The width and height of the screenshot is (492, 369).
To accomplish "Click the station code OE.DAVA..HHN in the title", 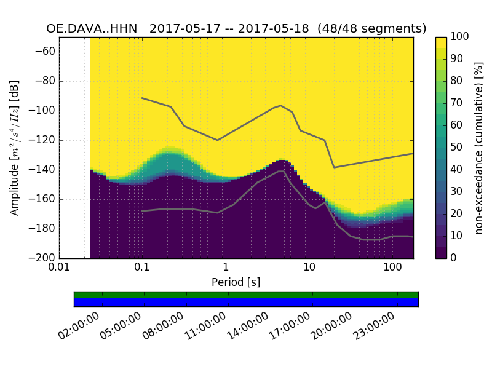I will point(94,29).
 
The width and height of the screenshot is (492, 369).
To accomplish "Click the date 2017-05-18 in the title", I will point(277,29).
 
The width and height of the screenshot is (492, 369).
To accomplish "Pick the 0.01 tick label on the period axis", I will point(59,268).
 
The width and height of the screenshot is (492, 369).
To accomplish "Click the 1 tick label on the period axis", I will point(226,268).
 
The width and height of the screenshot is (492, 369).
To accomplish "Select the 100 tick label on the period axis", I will point(392,268).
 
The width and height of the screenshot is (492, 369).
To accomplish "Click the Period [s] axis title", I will point(236,282).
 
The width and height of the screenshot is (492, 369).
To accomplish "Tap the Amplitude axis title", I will point(15,148).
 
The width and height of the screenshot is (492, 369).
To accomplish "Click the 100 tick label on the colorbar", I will point(460,37).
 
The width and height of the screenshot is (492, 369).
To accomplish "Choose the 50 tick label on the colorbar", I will point(458,148).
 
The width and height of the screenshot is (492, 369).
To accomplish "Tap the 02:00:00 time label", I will point(79,326).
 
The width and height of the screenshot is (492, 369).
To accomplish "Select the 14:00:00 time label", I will point(247,326).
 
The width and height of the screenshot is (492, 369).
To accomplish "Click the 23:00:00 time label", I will point(374,326).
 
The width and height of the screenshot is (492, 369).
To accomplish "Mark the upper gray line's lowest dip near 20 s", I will point(334,167).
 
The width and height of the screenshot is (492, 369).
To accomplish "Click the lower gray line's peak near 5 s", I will point(282,171).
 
